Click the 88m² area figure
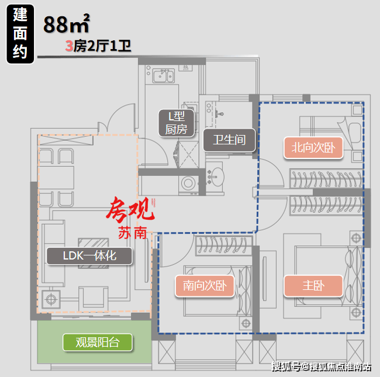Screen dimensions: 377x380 tap(66, 25)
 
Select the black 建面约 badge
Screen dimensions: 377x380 tap(19, 34)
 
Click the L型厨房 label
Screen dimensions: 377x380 tap(173, 123)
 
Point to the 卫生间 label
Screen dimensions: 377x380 tap(229, 140)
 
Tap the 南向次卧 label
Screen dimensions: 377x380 tap(205, 286)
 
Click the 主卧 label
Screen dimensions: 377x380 tap(313, 286)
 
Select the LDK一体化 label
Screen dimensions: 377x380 tap(89, 255)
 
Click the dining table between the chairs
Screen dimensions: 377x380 tap(57, 174)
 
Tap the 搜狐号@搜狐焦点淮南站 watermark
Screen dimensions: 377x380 tap(322, 367)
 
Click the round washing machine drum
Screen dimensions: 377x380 tap(188, 181)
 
